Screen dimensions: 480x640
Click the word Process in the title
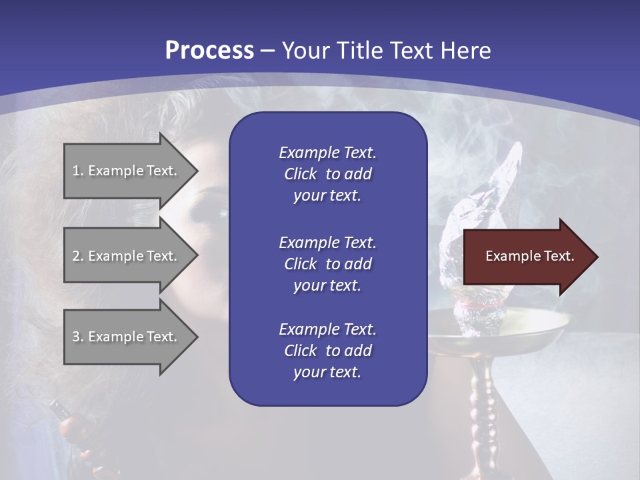point(209,51)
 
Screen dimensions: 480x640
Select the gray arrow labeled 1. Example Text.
point(127,171)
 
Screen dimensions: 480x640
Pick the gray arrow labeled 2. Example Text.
point(127,256)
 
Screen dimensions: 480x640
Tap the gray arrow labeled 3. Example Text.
point(127,337)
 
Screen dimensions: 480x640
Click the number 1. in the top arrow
point(78,171)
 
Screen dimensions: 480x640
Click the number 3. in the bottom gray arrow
point(78,337)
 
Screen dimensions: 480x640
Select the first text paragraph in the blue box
point(327,174)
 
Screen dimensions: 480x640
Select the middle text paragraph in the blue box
point(327,264)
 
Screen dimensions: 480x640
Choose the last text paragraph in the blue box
point(327,351)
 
